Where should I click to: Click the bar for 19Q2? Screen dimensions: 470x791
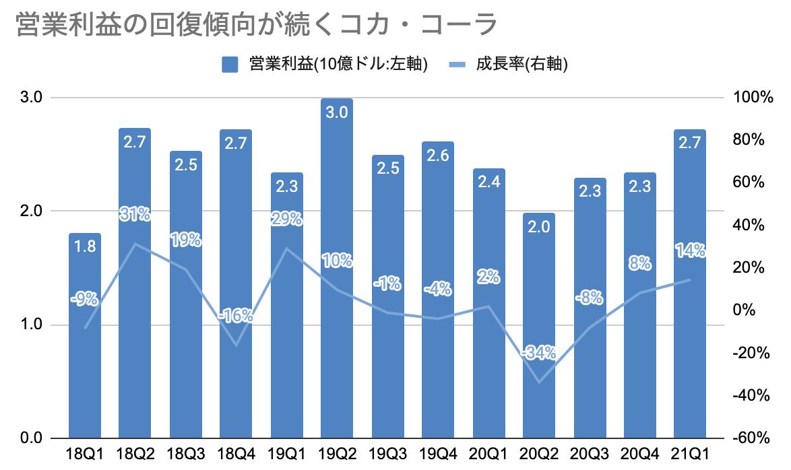(336, 283)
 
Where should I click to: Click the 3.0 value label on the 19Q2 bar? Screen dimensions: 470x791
(336, 112)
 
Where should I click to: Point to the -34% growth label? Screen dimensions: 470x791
(538, 352)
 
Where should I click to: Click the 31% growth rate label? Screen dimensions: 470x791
(135, 215)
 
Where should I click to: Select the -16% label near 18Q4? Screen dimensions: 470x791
(236, 315)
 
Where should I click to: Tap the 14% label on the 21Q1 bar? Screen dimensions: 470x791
(689, 251)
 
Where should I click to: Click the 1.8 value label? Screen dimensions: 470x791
(85, 247)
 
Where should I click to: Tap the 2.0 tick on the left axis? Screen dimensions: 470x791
(32, 211)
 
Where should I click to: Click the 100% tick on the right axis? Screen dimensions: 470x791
(751, 98)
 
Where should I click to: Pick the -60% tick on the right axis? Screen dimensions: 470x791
(751, 439)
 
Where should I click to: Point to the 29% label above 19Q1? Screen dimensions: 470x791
(286, 219)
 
